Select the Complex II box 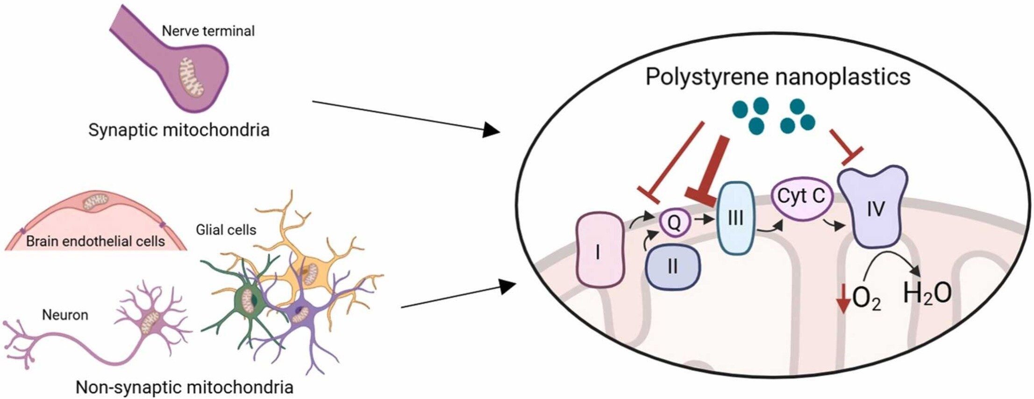(673, 267)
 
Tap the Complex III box (736, 218)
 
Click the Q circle (674, 222)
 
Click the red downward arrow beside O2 (843, 298)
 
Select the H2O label (927, 294)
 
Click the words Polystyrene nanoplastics (777, 77)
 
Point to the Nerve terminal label (208, 31)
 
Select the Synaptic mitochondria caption (179, 129)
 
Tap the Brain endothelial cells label (95, 241)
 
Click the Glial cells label (226, 229)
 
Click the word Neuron (65, 315)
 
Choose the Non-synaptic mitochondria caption (185, 387)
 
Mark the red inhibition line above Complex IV (846, 149)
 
